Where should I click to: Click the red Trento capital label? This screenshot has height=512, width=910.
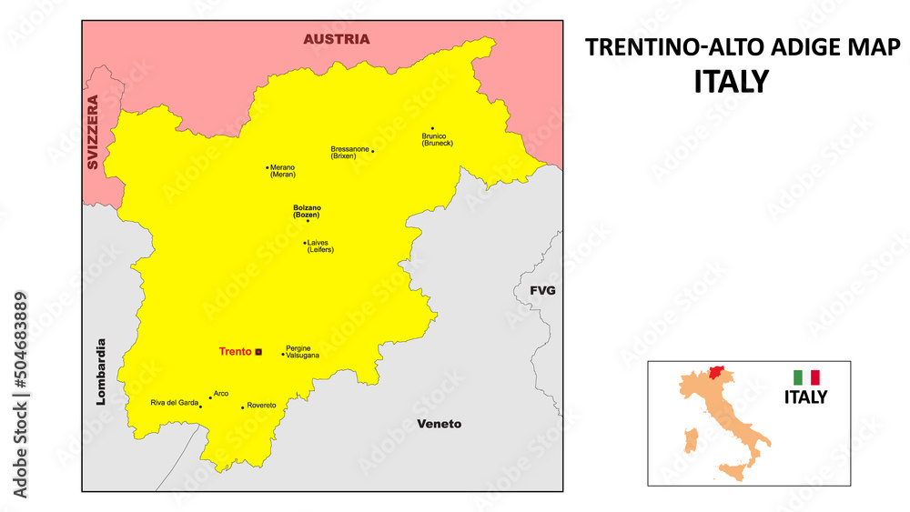point(235,352)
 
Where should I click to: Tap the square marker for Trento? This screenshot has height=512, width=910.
point(258,352)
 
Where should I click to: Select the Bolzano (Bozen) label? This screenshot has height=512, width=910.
point(307,211)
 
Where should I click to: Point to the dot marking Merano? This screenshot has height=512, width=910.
point(268,167)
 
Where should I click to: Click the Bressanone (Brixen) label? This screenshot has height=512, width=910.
point(349,152)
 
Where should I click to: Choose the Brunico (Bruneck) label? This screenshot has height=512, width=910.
point(437,139)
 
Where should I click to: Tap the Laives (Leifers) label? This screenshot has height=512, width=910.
point(320,246)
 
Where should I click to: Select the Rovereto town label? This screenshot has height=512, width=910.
point(261,405)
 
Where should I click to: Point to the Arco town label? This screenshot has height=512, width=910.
point(220,394)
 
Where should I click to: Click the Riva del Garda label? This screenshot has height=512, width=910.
point(174,402)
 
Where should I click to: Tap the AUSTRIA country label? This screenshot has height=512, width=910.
point(337,39)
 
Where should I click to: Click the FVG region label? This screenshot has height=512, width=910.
point(542,291)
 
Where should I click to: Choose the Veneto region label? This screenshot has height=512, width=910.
point(439,424)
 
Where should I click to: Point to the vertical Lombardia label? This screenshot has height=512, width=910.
point(101,372)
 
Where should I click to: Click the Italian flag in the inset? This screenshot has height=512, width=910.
point(806,376)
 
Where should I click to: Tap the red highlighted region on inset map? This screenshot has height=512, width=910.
point(719,374)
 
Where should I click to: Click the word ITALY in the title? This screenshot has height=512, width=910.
point(731,81)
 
